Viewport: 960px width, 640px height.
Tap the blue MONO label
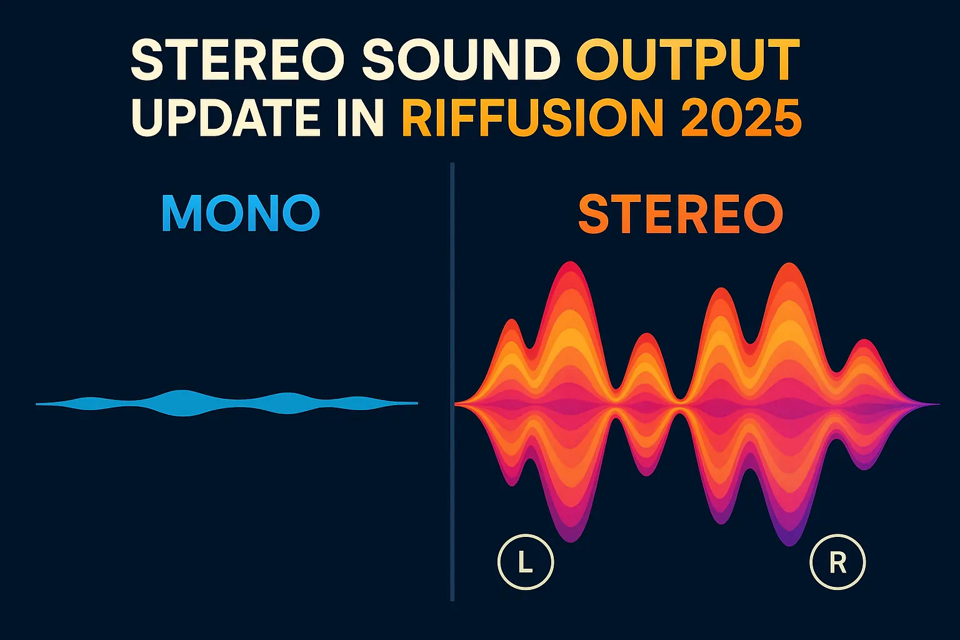point(241,214)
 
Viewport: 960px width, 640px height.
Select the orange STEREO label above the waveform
point(681,214)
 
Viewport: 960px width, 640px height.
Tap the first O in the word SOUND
point(414,61)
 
